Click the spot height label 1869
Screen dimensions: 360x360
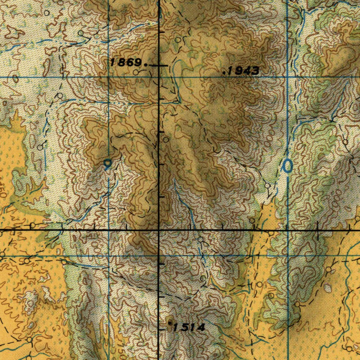[126, 63]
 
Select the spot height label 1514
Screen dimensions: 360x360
[189, 328]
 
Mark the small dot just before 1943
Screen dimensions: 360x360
[224, 73]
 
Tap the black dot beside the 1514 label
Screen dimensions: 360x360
[169, 322]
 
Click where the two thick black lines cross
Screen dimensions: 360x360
[159, 230]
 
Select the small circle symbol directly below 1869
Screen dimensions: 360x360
[136, 72]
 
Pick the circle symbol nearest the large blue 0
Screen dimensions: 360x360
[268, 185]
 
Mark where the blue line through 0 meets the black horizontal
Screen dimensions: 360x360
[288, 230]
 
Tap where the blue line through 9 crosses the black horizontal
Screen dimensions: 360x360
[108, 230]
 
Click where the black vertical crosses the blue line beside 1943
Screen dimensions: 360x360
[159, 77]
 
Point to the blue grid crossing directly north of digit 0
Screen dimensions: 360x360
[288, 77]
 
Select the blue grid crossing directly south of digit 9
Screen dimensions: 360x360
[108, 256]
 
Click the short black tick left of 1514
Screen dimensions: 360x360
[162, 329]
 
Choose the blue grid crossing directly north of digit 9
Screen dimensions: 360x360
[108, 77]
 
